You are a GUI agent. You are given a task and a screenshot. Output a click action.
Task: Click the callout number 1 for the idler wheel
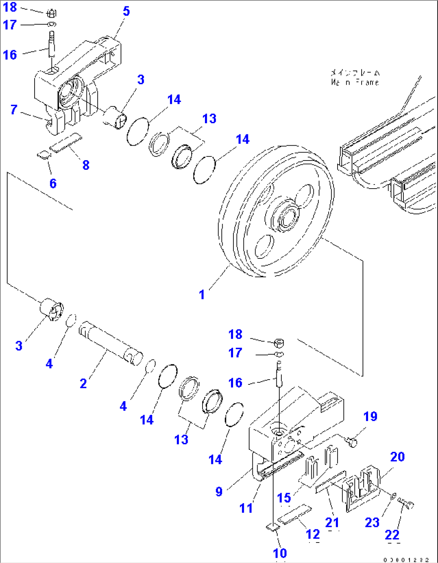pyautogui.click(x=202, y=295)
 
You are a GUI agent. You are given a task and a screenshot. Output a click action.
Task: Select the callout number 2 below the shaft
pyautogui.click(x=83, y=384)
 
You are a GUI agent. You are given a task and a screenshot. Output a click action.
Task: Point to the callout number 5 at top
pyautogui.click(x=126, y=11)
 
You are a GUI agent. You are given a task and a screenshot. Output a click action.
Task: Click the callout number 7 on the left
pyautogui.click(x=14, y=110)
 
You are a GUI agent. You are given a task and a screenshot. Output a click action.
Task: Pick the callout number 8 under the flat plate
pyautogui.click(x=86, y=165)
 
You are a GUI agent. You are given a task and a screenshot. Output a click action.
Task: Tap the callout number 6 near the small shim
pyautogui.click(x=53, y=183)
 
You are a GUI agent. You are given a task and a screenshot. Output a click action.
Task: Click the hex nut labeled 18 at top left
pyautogui.click(x=51, y=14)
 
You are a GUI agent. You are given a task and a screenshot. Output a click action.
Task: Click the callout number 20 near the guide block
pyautogui.click(x=397, y=457)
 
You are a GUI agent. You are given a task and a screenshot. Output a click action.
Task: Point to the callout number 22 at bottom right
pyautogui.click(x=392, y=535)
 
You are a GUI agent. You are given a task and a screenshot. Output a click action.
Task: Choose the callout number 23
pyautogui.click(x=372, y=522)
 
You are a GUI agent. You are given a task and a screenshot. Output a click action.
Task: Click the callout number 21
pyautogui.click(x=332, y=522)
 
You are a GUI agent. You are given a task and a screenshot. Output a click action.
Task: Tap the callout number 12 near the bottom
pyautogui.click(x=313, y=534)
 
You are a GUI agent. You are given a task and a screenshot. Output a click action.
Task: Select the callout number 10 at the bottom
pyautogui.click(x=280, y=553)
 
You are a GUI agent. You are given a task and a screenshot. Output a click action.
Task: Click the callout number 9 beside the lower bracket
pyautogui.click(x=219, y=492)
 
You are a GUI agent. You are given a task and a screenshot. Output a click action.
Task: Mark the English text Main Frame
pyautogui.click(x=355, y=82)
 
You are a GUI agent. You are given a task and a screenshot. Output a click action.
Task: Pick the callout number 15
pyautogui.click(x=284, y=498)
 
